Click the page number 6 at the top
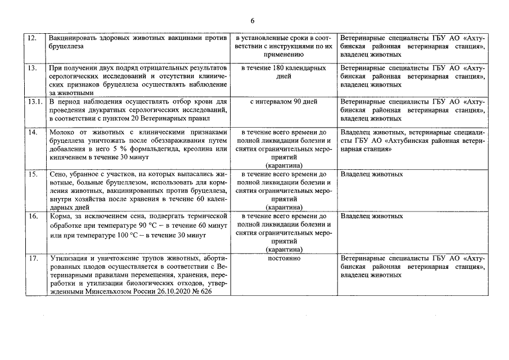coord(253,20)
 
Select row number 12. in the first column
coord(32,38)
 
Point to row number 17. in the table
coord(33,258)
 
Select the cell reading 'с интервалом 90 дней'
coord(283,102)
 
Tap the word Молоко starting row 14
coord(61,132)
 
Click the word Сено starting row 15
coord(57,174)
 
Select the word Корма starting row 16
coord(60,216)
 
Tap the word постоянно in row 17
coord(283,258)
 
